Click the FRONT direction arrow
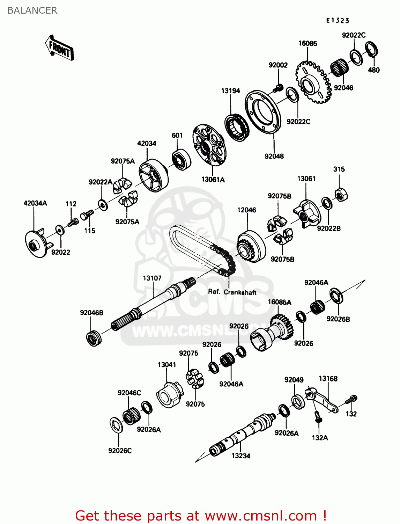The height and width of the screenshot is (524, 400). point(60,48)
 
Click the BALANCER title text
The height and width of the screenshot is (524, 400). point(32,10)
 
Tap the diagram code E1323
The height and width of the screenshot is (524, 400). point(338,21)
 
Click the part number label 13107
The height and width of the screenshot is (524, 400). point(152,278)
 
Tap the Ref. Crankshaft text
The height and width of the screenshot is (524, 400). point(232,292)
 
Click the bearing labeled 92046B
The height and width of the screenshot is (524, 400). point(93,337)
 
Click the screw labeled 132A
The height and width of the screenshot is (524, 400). point(318,417)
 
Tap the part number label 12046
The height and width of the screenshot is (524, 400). point(246,210)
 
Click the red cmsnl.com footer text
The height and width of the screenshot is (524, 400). point(201,516)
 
